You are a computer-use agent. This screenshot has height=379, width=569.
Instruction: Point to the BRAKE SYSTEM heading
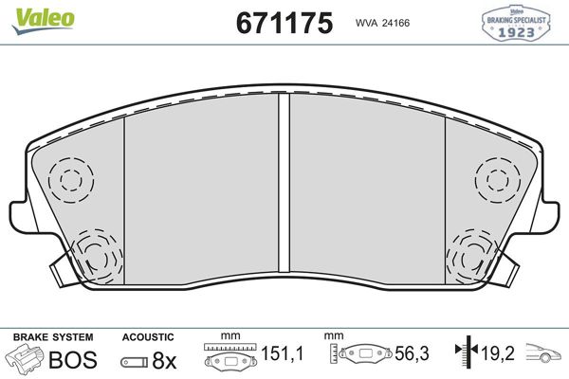pos(52,336)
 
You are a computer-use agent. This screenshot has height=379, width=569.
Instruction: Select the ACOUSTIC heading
pos(148,336)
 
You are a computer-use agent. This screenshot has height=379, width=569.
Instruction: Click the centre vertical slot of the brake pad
pos(283,189)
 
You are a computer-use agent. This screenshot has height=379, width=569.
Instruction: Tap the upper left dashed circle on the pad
pos(71,177)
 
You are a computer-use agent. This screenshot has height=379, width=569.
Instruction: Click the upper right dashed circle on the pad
pos(495,177)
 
